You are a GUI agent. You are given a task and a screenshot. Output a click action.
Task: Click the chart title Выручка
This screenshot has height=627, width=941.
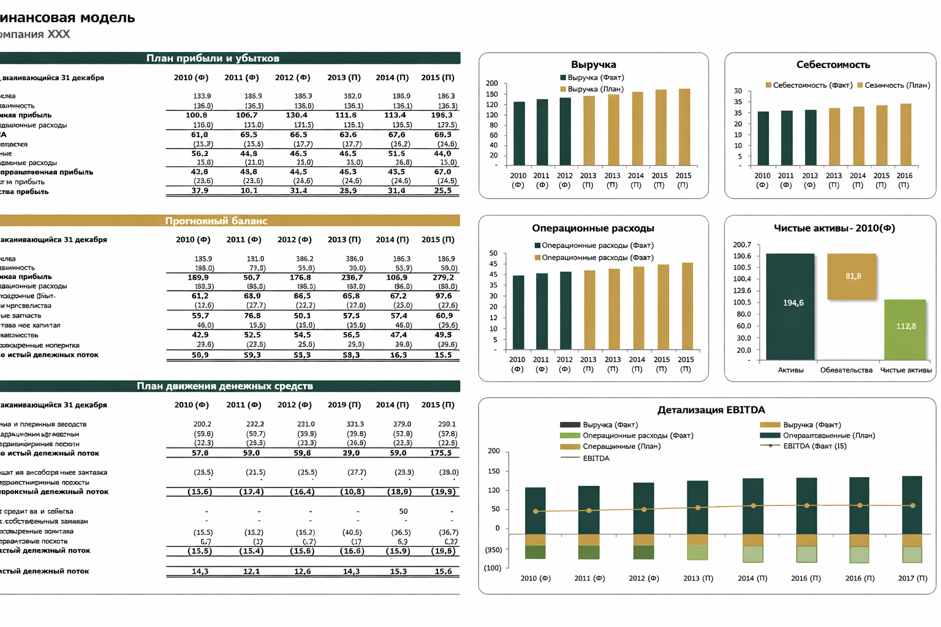[x=593, y=64]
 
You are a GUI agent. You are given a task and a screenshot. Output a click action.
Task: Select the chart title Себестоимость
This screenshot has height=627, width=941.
[x=833, y=64]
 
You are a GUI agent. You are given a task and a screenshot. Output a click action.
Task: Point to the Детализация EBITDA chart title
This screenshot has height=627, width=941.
[x=711, y=410]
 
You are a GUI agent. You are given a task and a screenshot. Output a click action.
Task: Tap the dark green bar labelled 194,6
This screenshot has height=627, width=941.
[x=790, y=306]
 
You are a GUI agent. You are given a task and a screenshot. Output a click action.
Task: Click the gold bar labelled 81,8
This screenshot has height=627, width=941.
[x=852, y=276]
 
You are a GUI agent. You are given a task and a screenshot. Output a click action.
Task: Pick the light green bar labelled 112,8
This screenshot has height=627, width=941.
[x=905, y=329]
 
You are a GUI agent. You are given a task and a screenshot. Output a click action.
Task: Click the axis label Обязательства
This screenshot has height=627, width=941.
[x=846, y=370]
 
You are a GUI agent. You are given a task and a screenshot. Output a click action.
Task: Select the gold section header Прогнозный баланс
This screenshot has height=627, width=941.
[x=216, y=220]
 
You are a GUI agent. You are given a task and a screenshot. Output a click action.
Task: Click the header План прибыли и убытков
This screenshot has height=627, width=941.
[x=213, y=58]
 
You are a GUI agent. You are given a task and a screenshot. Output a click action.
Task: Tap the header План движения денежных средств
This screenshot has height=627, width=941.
[x=224, y=386]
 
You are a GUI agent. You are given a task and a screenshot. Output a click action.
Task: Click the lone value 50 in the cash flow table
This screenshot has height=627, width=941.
[x=403, y=511]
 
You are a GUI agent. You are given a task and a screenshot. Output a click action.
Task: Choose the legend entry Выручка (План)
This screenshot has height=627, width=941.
[x=595, y=89]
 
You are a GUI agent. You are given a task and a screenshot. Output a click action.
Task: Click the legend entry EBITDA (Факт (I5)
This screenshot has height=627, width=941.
[x=814, y=446]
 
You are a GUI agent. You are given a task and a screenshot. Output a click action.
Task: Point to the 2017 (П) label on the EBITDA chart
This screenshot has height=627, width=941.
[x=912, y=578]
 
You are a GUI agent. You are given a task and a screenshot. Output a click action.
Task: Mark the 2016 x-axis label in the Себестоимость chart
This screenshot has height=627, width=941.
[x=904, y=176]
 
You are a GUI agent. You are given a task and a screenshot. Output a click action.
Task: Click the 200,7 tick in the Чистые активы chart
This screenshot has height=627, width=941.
[x=742, y=244]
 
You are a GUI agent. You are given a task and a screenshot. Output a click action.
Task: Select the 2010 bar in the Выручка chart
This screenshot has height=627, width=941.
[x=519, y=133]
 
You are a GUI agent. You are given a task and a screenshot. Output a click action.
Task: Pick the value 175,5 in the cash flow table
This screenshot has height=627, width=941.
[x=440, y=453]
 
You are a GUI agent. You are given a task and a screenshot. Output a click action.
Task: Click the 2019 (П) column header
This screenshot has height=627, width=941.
[x=344, y=405]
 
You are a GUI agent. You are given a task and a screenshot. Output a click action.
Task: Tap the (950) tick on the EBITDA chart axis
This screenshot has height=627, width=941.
[x=493, y=550]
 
